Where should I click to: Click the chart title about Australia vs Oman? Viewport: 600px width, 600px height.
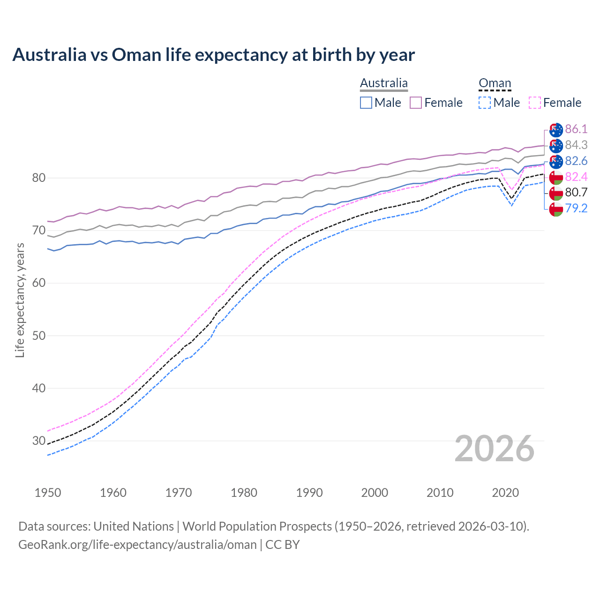(213, 55)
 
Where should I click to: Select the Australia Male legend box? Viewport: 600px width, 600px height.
(366, 103)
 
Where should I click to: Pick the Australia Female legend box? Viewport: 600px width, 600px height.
(416, 103)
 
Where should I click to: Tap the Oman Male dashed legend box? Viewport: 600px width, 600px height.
(485, 103)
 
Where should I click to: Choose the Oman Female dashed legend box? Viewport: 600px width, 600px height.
(534, 103)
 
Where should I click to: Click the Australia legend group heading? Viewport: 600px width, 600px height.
(383, 83)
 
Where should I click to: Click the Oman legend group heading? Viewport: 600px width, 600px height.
(495, 83)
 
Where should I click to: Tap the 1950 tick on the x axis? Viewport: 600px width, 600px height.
(48, 493)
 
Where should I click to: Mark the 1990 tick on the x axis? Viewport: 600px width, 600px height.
(309, 493)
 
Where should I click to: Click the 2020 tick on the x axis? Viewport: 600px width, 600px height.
(505, 493)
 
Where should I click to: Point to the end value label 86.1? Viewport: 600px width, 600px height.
(576, 129)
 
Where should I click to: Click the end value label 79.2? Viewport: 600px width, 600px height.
(576, 208)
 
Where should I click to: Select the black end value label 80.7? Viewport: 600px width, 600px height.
(576, 192)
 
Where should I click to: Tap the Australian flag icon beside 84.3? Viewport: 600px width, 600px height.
(556, 145)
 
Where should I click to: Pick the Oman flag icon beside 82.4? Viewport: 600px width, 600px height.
(556, 177)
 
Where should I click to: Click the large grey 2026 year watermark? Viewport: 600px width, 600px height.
(495, 449)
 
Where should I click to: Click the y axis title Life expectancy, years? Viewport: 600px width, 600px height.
(20, 300)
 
